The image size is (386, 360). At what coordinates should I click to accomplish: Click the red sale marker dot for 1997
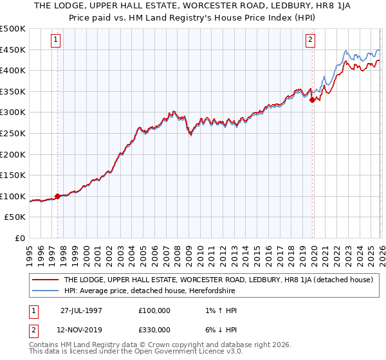point(57,196)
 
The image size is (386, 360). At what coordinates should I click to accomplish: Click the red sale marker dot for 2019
point(312,100)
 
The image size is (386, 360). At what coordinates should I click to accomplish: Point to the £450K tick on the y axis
point(13,50)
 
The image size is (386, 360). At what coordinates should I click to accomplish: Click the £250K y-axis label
point(13,133)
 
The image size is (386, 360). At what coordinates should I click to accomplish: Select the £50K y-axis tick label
point(15,217)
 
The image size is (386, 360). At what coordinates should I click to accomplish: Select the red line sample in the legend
point(45,280)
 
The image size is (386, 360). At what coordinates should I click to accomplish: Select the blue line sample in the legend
point(45,291)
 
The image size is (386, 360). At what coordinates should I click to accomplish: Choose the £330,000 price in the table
point(154,330)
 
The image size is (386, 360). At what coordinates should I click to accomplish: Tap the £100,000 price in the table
point(154,310)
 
